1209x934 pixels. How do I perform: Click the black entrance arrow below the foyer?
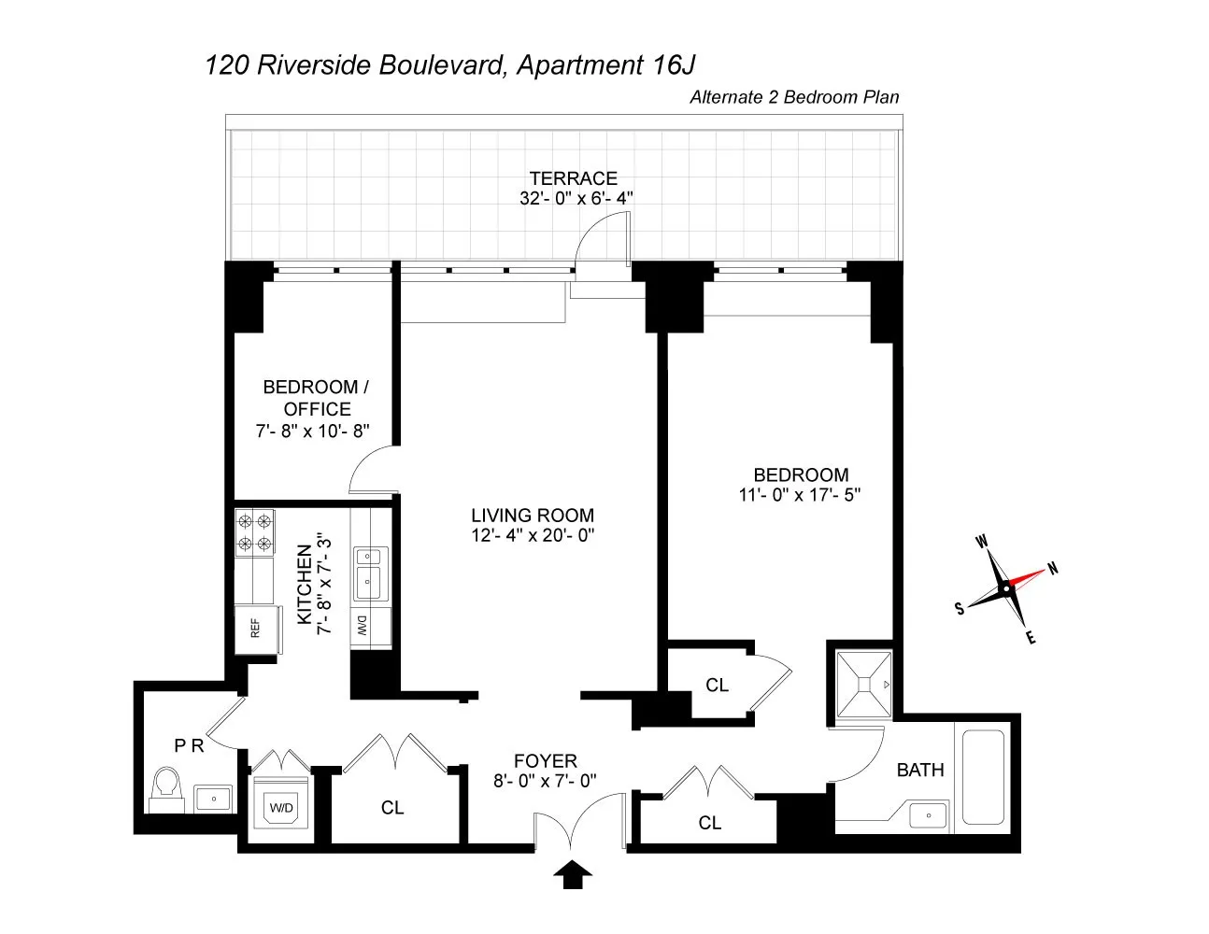click(x=574, y=875)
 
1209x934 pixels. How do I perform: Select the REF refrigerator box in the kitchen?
click(x=254, y=628)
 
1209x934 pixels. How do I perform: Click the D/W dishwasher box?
click(x=362, y=627)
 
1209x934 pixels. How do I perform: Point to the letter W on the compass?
click(x=982, y=541)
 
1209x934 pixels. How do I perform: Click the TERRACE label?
click(x=574, y=178)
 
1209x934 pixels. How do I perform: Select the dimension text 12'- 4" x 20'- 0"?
click(x=533, y=535)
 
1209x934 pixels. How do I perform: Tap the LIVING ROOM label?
click(x=533, y=516)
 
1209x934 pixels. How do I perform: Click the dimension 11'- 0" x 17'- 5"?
click(x=800, y=495)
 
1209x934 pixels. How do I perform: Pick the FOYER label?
click(x=546, y=761)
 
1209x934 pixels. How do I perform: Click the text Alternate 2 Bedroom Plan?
click(x=793, y=97)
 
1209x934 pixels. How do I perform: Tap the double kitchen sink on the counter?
click(x=367, y=571)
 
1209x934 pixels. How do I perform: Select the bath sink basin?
click(x=928, y=814)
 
